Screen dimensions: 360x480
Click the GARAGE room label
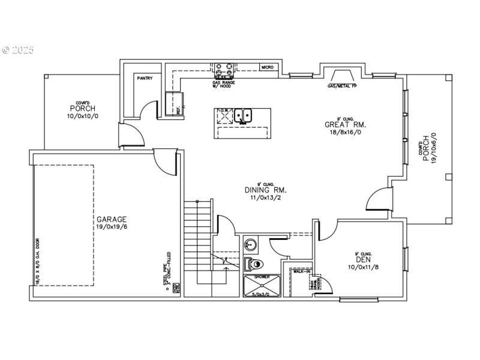coord(111,220)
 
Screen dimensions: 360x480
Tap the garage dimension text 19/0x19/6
coord(111,227)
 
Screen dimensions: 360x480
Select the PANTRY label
coord(145,78)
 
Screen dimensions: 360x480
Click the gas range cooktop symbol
coord(224,70)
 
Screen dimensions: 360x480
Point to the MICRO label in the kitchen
coord(268,67)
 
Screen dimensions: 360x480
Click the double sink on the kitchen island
coord(243,115)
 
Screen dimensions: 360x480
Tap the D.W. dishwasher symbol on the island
coord(224,116)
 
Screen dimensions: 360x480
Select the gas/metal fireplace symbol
coord(340,76)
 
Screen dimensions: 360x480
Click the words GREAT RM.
coord(345,125)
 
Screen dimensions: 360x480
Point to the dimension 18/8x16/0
coord(345,133)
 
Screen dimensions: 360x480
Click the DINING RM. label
coord(260,190)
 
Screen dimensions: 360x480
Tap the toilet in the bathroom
coord(254,263)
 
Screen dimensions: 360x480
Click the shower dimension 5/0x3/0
coord(261,295)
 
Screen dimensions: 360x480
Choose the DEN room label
coord(364,260)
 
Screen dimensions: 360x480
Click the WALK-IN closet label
coord(301,271)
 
